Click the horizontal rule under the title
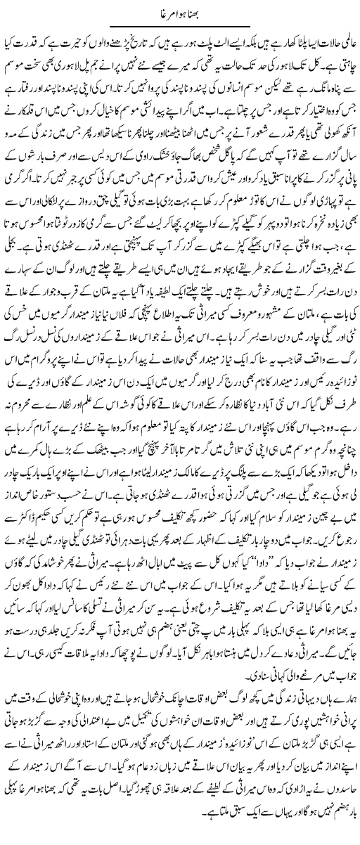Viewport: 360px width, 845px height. pyautogui.click(x=180, y=27)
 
